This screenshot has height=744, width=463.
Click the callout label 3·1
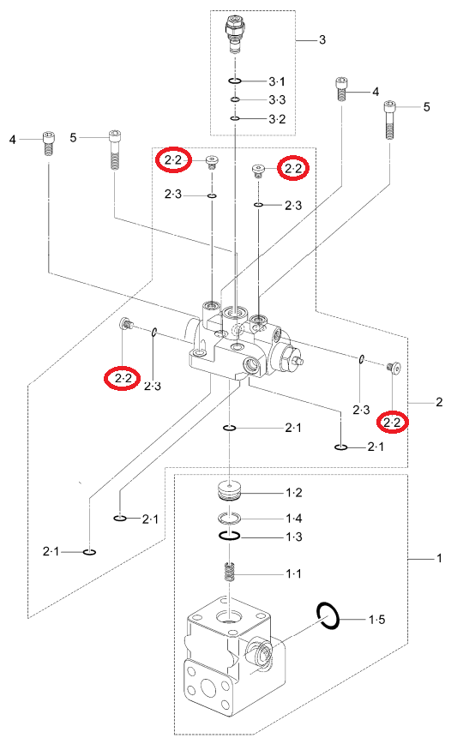277,81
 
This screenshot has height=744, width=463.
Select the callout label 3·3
277,100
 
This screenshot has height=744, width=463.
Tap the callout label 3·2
277,119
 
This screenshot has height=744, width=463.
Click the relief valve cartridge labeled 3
234,33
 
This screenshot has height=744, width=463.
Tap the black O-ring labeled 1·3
230,536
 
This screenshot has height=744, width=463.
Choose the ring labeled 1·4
230,518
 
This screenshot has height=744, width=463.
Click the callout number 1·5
377,619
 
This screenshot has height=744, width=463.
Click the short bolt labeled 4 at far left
48,143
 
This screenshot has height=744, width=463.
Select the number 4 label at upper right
376,92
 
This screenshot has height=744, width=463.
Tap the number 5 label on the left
73,138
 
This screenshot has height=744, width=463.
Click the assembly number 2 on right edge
439,402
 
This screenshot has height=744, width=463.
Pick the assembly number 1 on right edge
439,558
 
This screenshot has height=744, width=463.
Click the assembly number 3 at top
322,39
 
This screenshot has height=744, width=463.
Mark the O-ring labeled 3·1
235,81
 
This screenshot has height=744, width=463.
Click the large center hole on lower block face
207,687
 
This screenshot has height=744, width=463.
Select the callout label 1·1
293,574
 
